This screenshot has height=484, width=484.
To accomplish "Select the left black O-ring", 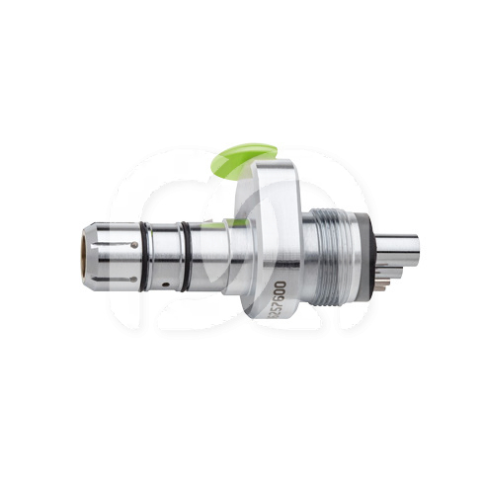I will click(x=145, y=256).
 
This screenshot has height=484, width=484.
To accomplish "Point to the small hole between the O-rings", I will click(x=166, y=283).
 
